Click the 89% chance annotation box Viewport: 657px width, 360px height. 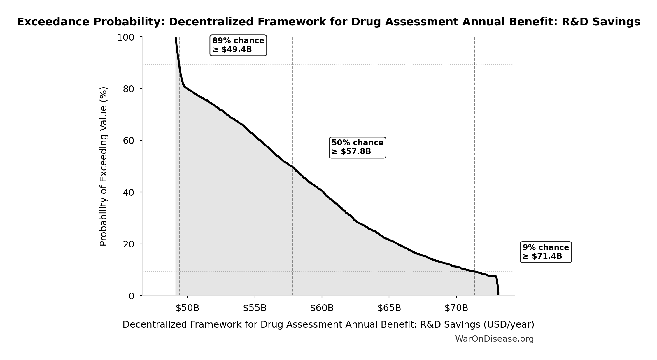click(x=238, y=45)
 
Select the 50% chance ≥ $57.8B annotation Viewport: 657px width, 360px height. click(x=357, y=147)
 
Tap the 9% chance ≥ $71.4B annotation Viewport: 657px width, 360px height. click(x=545, y=252)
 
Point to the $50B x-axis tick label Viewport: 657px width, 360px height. click(x=187, y=308)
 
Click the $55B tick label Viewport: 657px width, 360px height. click(x=255, y=308)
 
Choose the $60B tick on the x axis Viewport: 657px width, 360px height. click(x=322, y=308)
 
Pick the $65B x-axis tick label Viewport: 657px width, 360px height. click(x=389, y=308)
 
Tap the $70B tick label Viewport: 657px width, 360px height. click(x=456, y=308)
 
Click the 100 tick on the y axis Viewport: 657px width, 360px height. click(x=125, y=37)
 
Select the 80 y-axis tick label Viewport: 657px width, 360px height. click(x=128, y=89)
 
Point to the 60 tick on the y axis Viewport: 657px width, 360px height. click(x=128, y=141)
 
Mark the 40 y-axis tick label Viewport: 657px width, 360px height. click(x=128, y=192)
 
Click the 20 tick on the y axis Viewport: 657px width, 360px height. click(x=128, y=244)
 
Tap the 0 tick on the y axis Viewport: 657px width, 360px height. click(x=131, y=296)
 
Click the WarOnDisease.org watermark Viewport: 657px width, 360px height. click(x=494, y=339)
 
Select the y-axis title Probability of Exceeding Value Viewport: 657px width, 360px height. click(x=104, y=166)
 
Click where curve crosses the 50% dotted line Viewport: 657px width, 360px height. click(x=293, y=167)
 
